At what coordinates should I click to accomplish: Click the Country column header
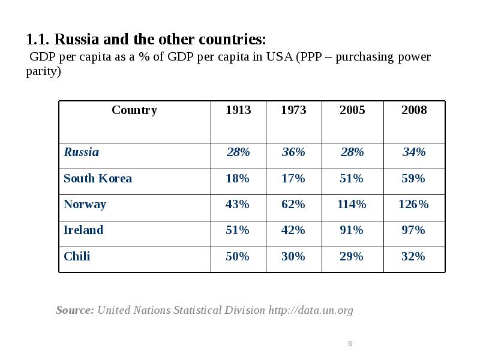click(x=134, y=110)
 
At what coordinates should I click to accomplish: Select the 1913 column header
click(x=238, y=110)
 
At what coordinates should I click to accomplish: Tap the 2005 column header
click(x=352, y=110)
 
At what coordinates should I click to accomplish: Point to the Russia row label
click(x=82, y=152)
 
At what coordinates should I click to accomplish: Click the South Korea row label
click(x=98, y=179)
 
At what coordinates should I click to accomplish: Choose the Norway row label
click(x=85, y=205)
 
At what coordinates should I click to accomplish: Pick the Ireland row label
click(x=83, y=230)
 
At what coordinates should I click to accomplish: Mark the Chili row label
click(x=77, y=257)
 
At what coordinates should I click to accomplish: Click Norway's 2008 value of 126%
click(x=413, y=205)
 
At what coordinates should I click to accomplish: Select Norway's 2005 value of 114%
click(x=352, y=205)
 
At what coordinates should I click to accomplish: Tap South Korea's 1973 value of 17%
click(x=293, y=179)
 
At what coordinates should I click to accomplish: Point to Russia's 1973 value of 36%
click(x=293, y=152)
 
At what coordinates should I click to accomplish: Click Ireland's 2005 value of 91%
click(x=352, y=230)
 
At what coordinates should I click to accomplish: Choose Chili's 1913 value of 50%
click(x=238, y=257)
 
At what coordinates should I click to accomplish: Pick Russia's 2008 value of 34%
click(x=413, y=152)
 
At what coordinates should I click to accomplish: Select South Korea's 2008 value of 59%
click(x=413, y=179)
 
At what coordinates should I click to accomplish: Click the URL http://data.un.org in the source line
click(x=311, y=310)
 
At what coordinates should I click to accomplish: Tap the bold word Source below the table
click(x=74, y=310)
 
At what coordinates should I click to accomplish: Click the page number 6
click(x=350, y=344)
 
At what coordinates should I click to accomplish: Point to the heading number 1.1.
click(x=38, y=40)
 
